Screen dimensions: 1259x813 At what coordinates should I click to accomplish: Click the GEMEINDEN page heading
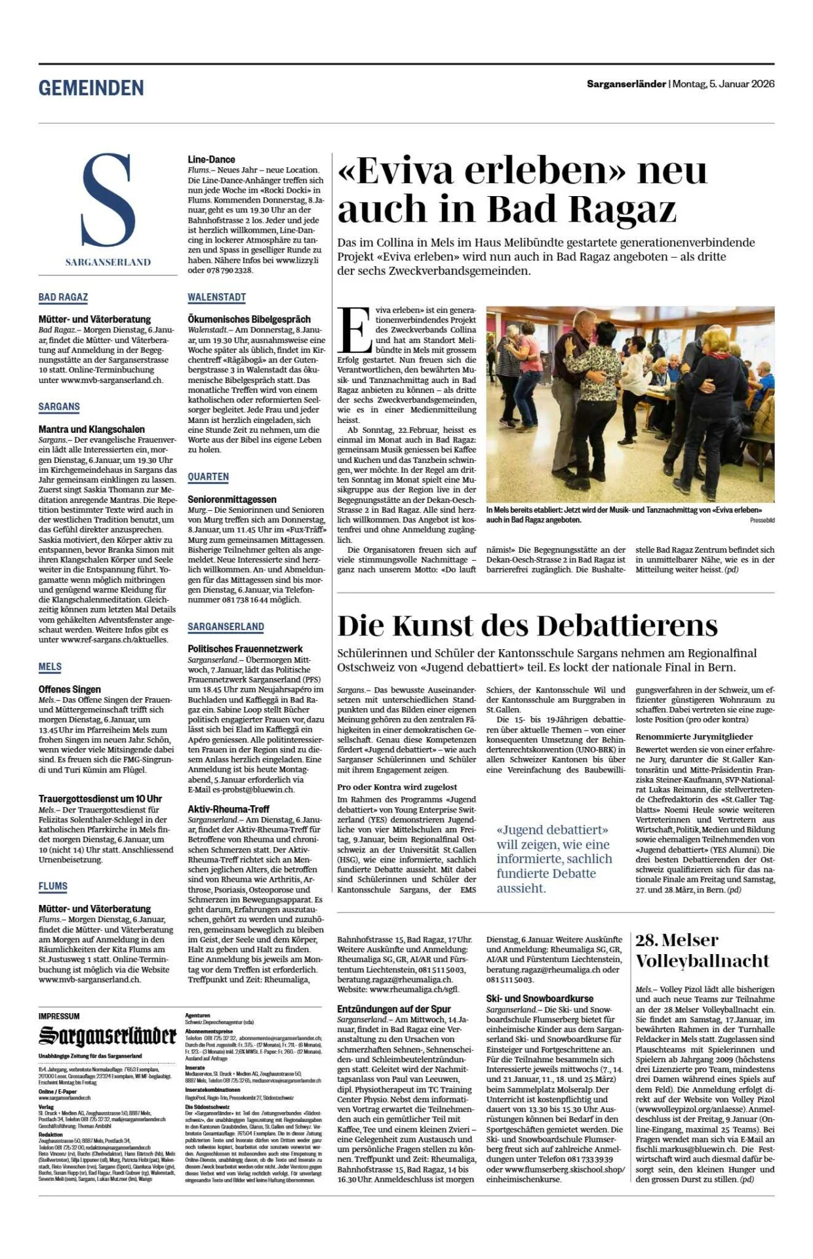point(91,88)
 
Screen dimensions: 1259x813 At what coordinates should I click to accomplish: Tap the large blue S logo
point(108,201)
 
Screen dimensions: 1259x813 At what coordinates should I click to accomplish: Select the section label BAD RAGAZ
point(63,297)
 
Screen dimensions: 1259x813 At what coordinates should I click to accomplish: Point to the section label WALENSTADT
point(216,297)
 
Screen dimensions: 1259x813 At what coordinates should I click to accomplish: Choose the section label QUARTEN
point(208,477)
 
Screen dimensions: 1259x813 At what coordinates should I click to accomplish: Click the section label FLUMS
point(52,886)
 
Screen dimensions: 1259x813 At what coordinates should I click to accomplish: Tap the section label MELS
point(50,667)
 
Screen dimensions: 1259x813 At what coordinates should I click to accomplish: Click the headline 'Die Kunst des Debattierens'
point(527,626)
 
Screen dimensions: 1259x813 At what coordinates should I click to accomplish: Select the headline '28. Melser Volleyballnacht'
point(702,950)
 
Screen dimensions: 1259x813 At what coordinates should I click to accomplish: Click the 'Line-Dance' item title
point(211,159)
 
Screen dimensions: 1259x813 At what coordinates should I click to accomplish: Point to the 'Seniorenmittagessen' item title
point(232,499)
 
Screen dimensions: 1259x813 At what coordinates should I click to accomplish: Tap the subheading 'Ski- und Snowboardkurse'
point(540,999)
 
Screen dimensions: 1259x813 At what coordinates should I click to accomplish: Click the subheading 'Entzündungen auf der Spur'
point(394,1009)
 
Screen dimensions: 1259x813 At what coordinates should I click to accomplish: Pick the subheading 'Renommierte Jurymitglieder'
point(694,736)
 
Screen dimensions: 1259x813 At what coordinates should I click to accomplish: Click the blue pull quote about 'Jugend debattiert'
point(554,859)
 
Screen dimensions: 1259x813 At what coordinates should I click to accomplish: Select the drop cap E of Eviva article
point(355,330)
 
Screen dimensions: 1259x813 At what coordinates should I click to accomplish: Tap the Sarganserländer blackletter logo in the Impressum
point(108,1037)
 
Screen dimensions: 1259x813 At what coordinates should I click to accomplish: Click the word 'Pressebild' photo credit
point(762,520)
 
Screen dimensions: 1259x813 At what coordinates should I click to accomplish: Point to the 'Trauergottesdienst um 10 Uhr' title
point(100,799)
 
